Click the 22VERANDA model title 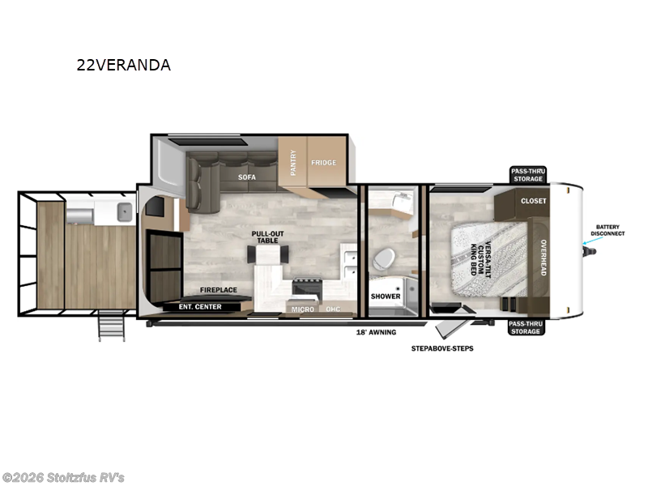tap(124, 65)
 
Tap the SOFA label tap(247, 177)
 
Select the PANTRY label tap(293, 163)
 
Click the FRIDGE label tap(323, 163)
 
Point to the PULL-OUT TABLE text tap(268, 237)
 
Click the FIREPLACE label tap(219, 290)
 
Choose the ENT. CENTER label tap(200, 307)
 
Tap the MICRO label tap(303, 309)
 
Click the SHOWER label tap(386, 296)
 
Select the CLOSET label tap(534, 201)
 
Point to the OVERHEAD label tap(544, 258)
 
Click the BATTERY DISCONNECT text tap(607, 230)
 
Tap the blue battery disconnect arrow tap(590, 240)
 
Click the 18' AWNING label tap(376, 332)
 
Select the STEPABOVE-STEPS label tap(442, 348)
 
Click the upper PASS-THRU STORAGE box tap(528, 175)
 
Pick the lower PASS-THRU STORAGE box tap(526, 328)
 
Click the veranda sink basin tap(125, 212)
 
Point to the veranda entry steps tap(111, 326)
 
